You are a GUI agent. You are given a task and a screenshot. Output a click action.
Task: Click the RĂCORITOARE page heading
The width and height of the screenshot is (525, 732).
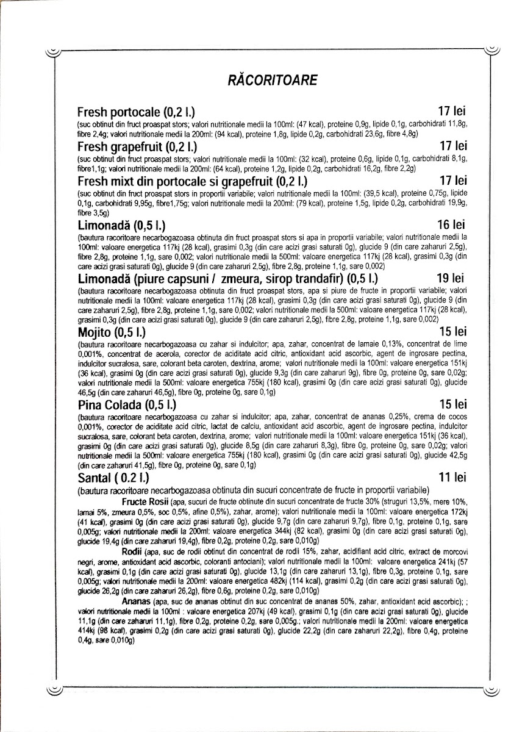point(262,80)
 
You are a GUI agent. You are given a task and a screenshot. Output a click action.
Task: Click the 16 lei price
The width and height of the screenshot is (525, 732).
point(452,225)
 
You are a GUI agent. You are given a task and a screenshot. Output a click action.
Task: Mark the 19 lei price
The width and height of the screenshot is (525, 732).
point(452,279)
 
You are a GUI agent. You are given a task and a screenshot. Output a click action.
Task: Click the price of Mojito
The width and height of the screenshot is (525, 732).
point(452,332)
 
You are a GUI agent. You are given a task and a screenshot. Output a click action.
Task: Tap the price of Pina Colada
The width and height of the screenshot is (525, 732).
point(452,404)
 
